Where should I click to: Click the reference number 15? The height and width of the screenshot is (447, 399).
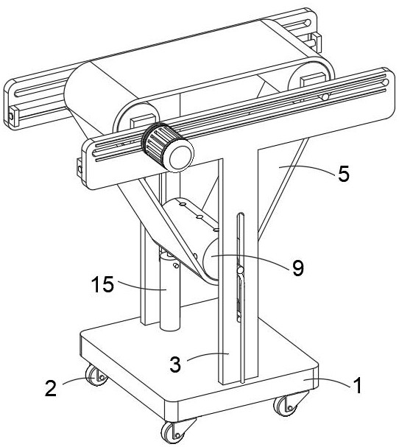[102, 284]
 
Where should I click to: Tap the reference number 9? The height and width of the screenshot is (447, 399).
[298, 268]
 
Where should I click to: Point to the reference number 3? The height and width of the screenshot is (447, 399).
[175, 364]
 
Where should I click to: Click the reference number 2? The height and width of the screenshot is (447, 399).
[51, 388]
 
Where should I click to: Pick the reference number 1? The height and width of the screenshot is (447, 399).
[357, 385]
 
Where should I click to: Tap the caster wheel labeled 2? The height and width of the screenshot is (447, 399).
[96, 376]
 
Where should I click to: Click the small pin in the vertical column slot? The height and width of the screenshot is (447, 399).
[241, 270]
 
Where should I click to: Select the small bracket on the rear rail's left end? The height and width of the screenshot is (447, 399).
[12, 116]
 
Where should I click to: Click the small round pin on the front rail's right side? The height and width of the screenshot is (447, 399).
[325, 97]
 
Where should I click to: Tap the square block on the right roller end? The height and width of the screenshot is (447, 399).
[313, 80]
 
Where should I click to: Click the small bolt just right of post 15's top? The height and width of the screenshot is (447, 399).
[176, 266]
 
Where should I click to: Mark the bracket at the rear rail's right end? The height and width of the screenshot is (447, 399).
[317, 43]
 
